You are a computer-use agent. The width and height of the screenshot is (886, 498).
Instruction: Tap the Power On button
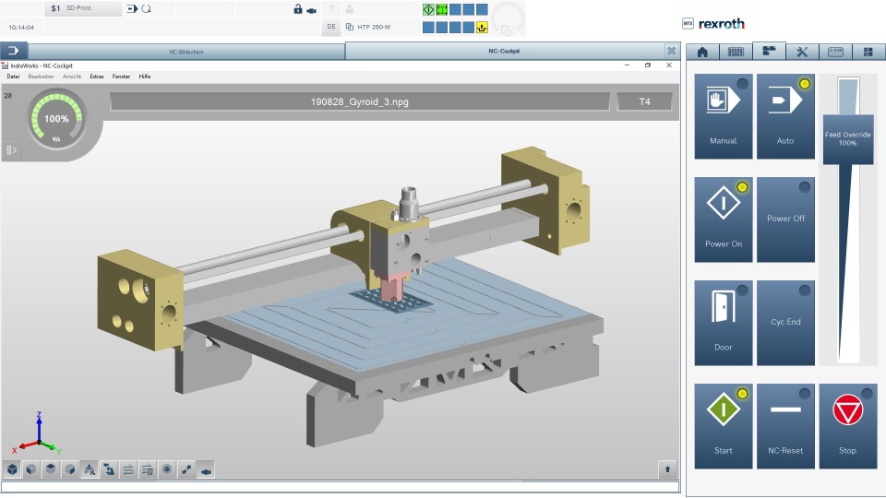click(724, 219)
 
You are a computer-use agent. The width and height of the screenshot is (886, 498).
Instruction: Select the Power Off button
click(785, 219)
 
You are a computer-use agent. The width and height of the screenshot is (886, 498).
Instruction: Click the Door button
click(724, 323)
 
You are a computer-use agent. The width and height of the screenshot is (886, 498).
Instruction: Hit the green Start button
click(724, 425)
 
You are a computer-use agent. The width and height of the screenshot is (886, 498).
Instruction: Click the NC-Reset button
click(785, 425)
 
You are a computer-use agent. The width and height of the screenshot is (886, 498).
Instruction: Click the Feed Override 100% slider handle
click(848, 138)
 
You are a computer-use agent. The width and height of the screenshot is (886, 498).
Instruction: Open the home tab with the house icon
click(702, 52)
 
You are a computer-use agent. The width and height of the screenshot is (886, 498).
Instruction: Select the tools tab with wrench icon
click(801, 52)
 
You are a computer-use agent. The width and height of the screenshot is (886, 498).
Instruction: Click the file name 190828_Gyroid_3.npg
click(360, 101)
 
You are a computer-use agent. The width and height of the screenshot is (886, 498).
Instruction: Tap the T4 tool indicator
click(644, 101)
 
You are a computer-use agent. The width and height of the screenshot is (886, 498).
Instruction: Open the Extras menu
click(97, 77)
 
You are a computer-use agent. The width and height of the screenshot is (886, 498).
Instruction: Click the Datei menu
click(13, 77)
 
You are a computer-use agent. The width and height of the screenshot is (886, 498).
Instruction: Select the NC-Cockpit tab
click(504, 52)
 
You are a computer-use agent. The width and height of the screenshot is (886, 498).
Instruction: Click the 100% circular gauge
click(56, 119)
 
